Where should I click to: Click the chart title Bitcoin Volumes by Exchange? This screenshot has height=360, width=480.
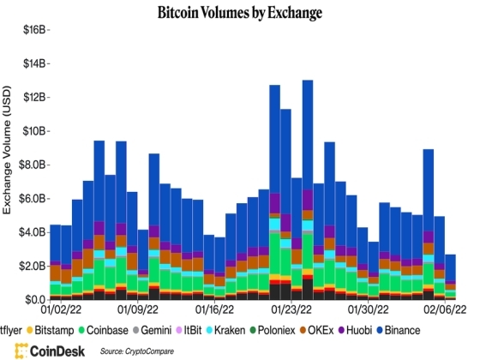click(x=239, y=13)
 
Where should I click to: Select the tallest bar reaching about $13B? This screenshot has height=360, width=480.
click(x=308, y=189)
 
